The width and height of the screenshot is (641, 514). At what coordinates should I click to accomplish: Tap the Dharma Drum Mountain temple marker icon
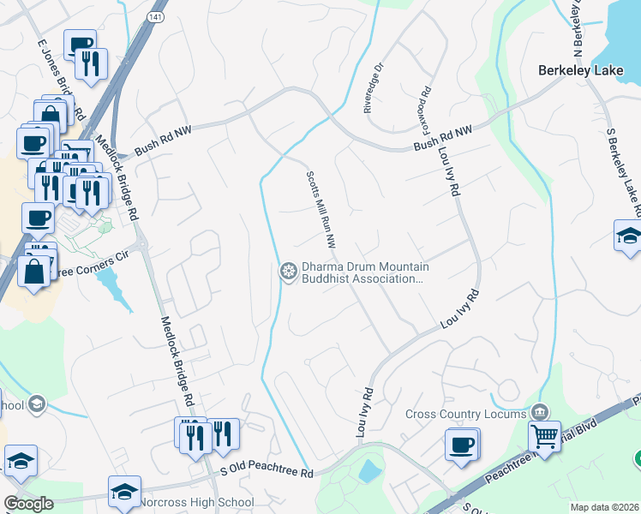coord(289,272)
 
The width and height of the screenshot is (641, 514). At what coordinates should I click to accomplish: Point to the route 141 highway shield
coord(153,16)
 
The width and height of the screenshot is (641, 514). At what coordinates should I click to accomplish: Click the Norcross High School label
coord(200,502)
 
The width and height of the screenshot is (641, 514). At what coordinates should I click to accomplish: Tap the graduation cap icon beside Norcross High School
coord(124,491)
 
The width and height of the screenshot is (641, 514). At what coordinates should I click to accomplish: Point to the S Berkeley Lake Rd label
coord(624,171)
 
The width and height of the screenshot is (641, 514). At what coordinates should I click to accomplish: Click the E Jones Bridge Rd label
coord(60,77)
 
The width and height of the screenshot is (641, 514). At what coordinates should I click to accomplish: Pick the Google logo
coord(28,504)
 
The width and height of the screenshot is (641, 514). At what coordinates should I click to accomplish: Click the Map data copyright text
coord(604,507)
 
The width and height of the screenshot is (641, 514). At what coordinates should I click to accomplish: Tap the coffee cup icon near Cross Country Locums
coord(462,445)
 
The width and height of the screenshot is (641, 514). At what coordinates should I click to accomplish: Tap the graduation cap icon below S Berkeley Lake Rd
coord(628,236)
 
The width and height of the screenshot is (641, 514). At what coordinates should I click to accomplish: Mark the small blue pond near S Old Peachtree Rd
coord(369,469)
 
